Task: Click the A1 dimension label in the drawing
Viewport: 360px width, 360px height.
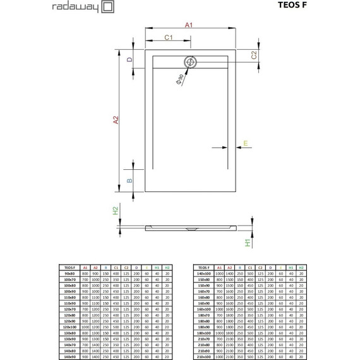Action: (x=188, y=25)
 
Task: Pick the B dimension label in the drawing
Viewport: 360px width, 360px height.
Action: (x=129, y=180)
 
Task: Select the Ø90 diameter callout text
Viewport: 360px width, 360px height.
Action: (x=180, y=80)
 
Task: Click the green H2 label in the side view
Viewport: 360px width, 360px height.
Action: (x=116, y=212)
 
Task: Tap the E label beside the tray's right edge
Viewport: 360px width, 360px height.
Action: (x=246, y=143)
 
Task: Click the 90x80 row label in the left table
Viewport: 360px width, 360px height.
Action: (x=70, y=273)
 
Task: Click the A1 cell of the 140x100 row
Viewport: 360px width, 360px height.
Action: (x=220, y=273)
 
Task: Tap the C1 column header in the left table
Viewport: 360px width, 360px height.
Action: (x=116, y=268)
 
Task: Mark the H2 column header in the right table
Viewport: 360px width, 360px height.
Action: (x=301, y=268)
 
